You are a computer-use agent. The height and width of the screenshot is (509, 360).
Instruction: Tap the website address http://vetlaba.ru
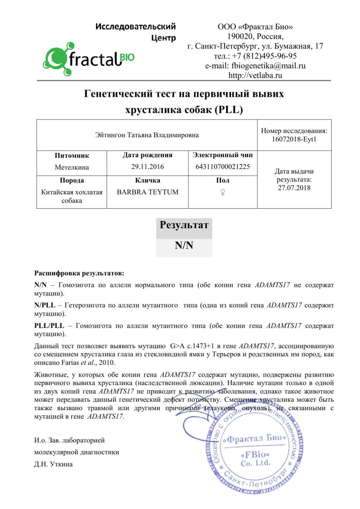pos(255,75)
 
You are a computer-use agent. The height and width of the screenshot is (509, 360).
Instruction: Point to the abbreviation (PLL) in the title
pos(229,110)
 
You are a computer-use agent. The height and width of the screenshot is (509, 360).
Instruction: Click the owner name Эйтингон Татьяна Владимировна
pos(147,135)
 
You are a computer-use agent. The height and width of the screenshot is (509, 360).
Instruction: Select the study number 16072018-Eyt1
pos(294,139)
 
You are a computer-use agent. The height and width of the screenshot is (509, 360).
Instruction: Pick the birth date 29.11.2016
pos(148,167)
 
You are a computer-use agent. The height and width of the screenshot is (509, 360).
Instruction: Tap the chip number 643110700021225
pos(223,167)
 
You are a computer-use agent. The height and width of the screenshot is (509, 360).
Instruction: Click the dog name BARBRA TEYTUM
pos(148,192)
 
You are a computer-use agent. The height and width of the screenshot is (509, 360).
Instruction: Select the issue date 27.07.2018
pos(294,188)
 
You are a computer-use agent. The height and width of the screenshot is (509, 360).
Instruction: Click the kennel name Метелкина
pos(72,167)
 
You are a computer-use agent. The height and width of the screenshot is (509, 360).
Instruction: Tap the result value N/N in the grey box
pos(184,246)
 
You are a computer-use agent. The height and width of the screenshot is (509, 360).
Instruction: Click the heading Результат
pos(184,225)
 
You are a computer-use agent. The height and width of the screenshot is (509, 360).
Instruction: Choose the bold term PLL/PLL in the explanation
pos(49,326)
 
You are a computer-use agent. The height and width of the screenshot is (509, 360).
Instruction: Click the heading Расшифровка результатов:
pos(79,273)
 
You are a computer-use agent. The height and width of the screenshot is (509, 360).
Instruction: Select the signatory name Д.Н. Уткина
pos(53,464)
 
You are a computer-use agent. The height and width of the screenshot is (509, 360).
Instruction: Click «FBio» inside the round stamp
pos(255,455)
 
